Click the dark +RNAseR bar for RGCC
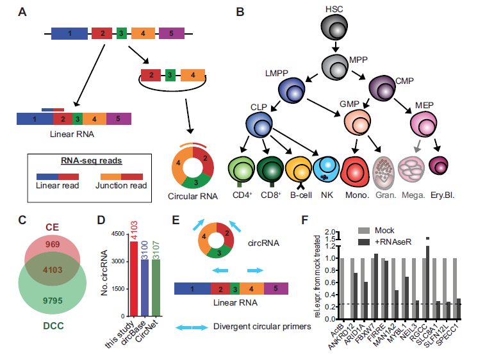[428, 282]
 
